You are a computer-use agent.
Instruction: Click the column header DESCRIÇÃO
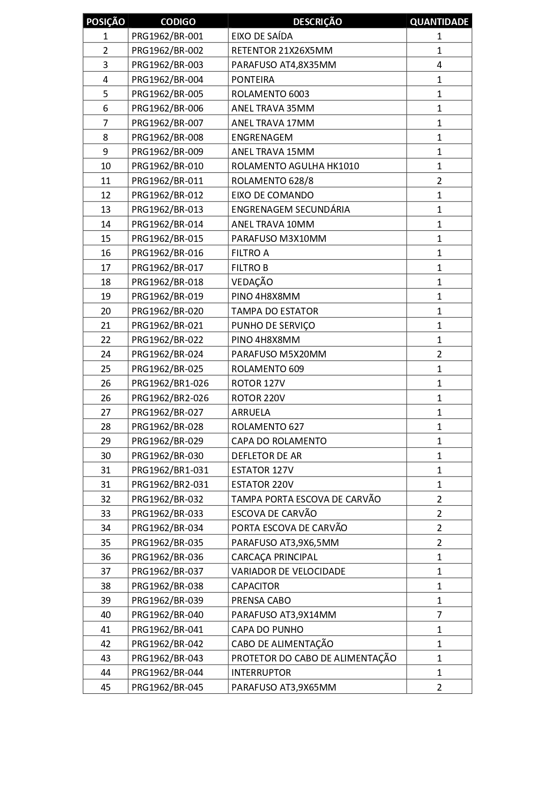[x=317, y=21]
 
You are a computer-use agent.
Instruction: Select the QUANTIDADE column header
[x=439, y=21]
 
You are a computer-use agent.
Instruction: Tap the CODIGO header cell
[x=178, y=21]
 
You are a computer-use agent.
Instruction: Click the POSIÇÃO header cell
[x=106, y=21]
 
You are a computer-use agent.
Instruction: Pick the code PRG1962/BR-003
[x=167, y=65]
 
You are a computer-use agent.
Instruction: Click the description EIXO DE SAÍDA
[x=262, y=36]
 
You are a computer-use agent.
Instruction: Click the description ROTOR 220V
[x=258, y=398]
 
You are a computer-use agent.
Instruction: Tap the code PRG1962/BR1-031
[x=170, y=470]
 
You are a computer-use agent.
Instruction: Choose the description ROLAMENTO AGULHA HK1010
[x=295, y=166]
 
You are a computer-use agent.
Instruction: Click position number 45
[x=106, y=687]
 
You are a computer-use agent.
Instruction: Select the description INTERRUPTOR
[x=261, y=673]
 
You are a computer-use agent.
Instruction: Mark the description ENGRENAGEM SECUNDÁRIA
[x=290, y=210]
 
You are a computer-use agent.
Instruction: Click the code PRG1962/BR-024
[x=167, y=354]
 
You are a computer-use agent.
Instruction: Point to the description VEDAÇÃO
[x=252, y=282]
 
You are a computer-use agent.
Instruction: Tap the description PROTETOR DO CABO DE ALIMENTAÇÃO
[x=314, y=658]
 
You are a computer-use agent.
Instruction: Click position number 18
[x=106, y=282]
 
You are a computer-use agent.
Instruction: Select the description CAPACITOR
[x=255, y=586]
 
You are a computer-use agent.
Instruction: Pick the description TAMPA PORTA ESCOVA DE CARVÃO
[x=306, y=499]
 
